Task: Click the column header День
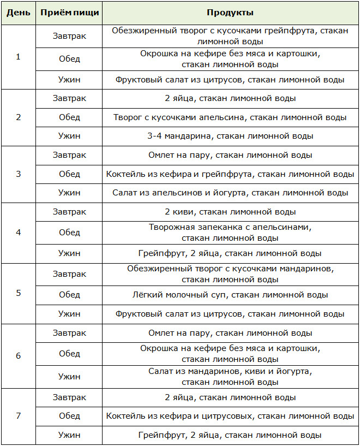coord(18,13)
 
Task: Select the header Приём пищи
coord(69,13)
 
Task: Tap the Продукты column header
coord(230,13)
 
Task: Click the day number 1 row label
coord(18,57)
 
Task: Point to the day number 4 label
coord(18,232)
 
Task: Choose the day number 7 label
coord(18,416)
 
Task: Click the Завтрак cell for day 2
coord(69,98)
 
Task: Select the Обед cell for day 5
coord(69,295)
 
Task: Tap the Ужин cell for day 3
coord(69,193)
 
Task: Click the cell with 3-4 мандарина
coord(230,136)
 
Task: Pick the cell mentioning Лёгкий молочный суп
coord(230,295)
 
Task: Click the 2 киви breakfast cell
coord(230,212)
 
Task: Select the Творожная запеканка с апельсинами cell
coord(230,233)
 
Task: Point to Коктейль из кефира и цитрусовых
coord(230,416)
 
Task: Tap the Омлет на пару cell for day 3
coord(230,155)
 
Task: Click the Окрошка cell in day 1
coord(230,59)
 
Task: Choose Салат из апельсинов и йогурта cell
coord(230,193)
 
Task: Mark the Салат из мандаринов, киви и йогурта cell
coord(230,376)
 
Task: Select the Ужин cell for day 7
coord(69,435)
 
